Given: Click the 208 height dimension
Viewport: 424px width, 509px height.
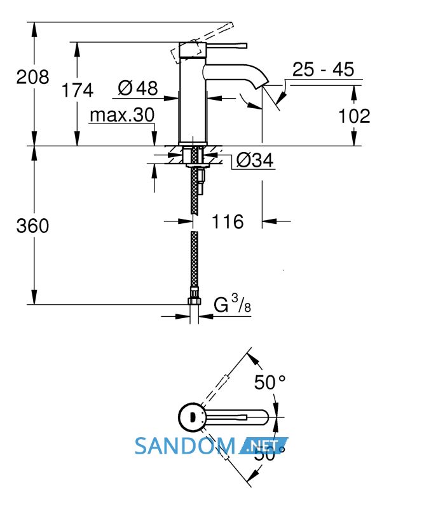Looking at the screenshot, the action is (33, 77).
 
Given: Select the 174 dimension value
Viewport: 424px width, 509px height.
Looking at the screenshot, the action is (77, 90).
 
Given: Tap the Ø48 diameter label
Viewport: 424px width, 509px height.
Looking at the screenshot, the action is (138, 88).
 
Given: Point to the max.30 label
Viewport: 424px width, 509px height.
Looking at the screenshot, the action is (122, 115).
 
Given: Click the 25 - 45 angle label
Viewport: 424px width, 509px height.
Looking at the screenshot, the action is (323, 69).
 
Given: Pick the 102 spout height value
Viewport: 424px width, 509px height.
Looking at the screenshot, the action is (354, 116).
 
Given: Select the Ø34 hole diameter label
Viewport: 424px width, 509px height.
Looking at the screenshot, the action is (255, 160).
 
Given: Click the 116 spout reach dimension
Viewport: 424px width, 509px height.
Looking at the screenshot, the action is (228, 221).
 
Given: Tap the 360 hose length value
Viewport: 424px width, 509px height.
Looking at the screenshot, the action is (33, 226).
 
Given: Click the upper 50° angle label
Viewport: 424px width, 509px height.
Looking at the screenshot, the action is (270, 382).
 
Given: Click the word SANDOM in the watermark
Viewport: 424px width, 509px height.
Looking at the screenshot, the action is (184, 446).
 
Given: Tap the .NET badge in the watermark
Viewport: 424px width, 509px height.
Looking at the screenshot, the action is (263, 446).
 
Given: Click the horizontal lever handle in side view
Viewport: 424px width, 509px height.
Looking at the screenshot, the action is (226, 46).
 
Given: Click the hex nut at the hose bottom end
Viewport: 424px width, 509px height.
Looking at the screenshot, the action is (194, 301).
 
